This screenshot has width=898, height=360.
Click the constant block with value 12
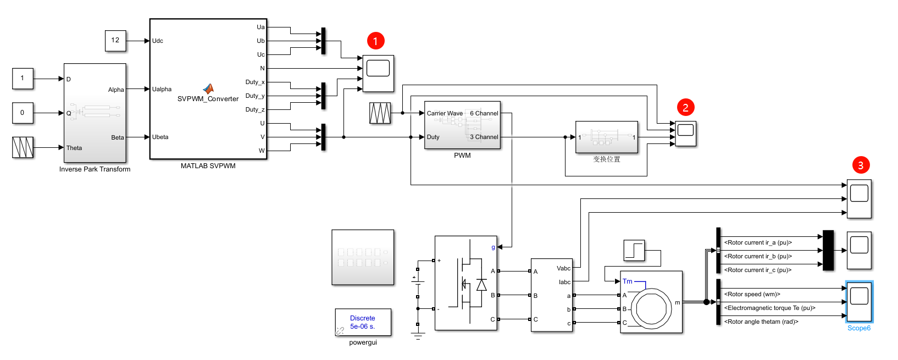(x=115, y=41)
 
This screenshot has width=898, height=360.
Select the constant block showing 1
(x=23, y=79)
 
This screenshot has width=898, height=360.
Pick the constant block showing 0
(x=23, y=113)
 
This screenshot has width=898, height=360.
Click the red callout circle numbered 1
(x=376, y=41)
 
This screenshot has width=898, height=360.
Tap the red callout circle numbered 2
(x=685, y=107)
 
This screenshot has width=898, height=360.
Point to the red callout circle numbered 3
(x=861, y=165)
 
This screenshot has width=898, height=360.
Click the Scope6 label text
(x=859, y=328)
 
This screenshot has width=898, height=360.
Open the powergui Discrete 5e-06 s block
(x=363, y=322)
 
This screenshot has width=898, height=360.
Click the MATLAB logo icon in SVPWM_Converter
(x=208, y=88)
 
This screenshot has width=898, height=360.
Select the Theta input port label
(x=74, y=148)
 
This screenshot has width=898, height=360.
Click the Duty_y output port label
(x=255, y=96)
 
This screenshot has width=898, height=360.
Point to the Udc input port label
(x=158, y=41)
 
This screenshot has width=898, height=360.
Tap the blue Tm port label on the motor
(x=628, y=281)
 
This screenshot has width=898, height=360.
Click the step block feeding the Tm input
(x=634, y=250)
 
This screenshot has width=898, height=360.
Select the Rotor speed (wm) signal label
(x=752, y=294)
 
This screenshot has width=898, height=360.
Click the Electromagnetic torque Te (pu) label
(x=770, y=308)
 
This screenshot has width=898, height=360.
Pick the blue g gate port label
(x=493, y=247)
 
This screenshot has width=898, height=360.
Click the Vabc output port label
(x=564, y=268)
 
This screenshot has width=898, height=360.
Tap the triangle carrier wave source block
(x=380, y=113)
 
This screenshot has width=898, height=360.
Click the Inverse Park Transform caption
(x=95, y=169)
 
